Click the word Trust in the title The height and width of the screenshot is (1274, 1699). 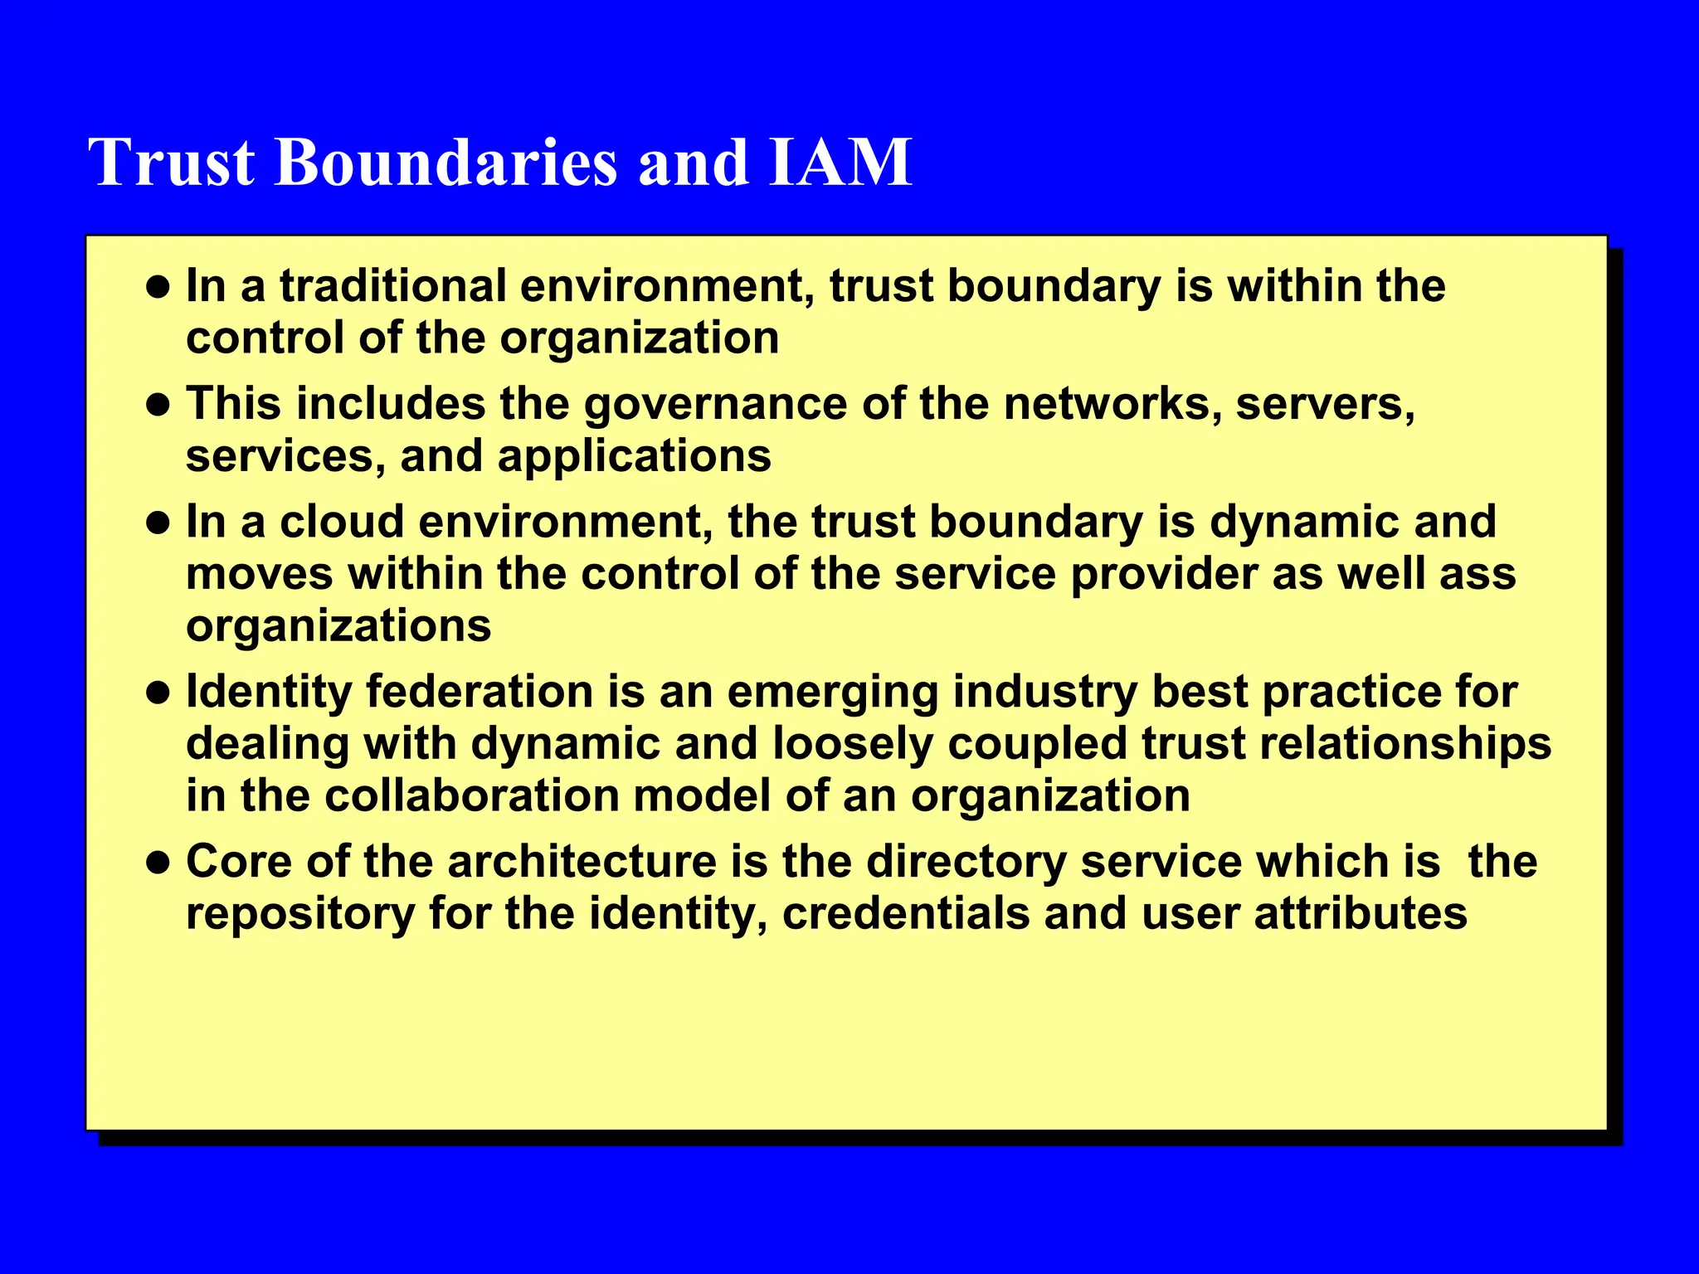(172, 162)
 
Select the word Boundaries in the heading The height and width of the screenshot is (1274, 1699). (446, 162)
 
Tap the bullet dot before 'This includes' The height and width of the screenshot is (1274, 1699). (158, 406)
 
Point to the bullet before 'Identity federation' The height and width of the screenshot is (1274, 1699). (158, 693)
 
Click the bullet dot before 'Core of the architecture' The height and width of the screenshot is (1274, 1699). (158, 863)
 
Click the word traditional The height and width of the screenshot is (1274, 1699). (392, 286)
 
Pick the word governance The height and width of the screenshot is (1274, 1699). (715, 406)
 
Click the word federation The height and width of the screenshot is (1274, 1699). (480, 693)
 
